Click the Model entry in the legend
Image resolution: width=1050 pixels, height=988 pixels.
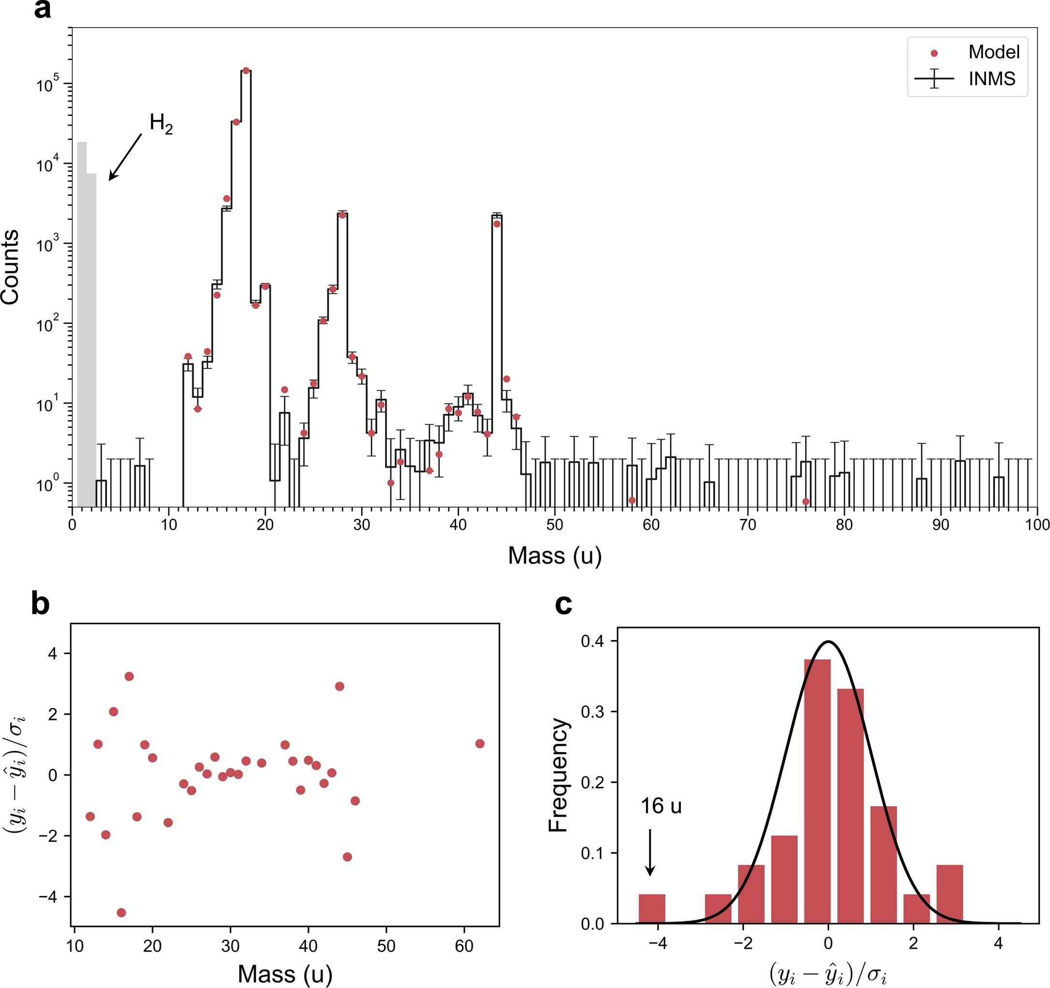click(993, 52)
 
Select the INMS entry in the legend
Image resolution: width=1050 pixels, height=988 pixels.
click(991, 78)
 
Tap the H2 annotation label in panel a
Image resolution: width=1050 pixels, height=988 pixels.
click(161, 124)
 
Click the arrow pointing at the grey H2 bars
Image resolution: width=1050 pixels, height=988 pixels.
click(125, 157)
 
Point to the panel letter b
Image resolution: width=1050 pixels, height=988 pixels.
click(40, 604)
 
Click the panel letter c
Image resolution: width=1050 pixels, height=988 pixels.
click(564, 604)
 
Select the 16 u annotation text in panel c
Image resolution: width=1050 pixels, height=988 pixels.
click(661, 806)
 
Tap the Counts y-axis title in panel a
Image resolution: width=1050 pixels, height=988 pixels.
click(11, 267)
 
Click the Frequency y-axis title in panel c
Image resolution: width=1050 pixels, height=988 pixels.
click(558, 774)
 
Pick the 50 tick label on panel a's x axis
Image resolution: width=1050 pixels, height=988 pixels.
click(554, 525)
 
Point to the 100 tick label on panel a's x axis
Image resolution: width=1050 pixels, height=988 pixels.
click(1036, 525)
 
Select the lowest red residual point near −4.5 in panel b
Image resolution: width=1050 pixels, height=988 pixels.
click(121, 912)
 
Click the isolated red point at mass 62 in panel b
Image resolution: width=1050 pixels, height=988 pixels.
click(479, 743)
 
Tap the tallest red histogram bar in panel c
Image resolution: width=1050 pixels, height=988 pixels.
click(817, 791)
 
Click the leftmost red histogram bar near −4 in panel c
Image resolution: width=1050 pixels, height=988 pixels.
click(652, 909)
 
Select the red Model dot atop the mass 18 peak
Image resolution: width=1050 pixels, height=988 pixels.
click(246, 71)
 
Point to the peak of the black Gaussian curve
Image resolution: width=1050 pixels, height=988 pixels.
click(828, 642)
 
